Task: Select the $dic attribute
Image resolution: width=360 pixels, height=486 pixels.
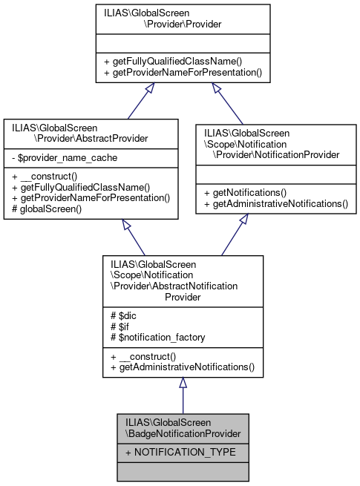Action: tap(123, 315)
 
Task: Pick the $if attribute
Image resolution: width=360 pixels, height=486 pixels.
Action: tap(120, 326)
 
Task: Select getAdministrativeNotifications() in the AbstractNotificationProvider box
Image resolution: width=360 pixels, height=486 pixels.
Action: tap(182, 367)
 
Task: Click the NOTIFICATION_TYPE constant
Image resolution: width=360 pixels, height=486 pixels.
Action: tap(169, 451)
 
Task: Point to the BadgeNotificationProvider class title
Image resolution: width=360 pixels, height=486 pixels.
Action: tap(183, 427)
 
